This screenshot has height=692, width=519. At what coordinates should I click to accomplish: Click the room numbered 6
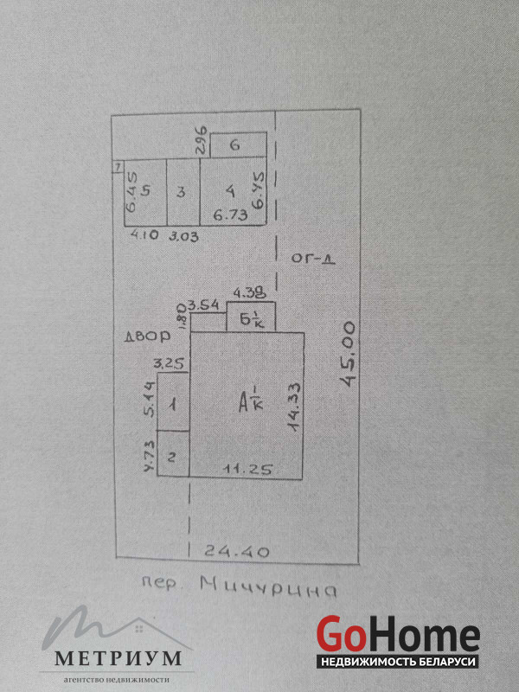234,145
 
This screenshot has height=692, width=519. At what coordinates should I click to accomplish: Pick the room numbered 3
181,192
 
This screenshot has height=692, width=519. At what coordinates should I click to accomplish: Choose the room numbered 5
146,191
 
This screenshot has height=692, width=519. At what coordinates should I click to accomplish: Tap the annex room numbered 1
173,403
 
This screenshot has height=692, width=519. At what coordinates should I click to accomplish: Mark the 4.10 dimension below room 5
144,235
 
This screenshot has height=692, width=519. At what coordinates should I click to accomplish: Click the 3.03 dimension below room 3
183,235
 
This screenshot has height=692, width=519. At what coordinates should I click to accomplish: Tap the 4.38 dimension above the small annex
249,294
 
